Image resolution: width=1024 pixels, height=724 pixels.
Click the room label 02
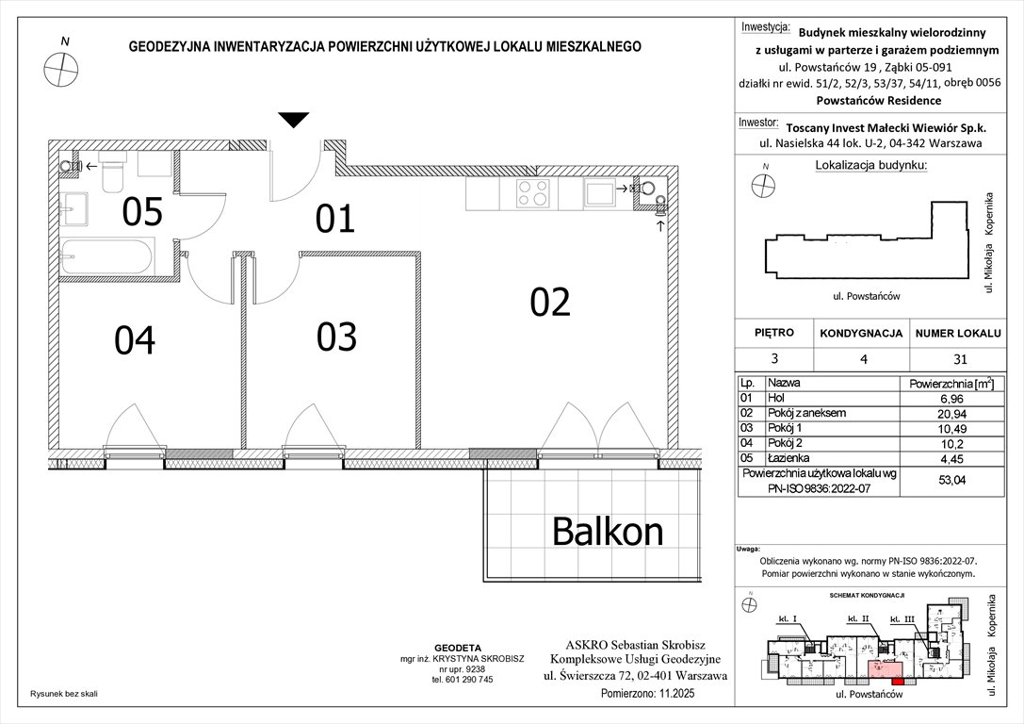550,302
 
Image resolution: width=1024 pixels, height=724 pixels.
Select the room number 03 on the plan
336,337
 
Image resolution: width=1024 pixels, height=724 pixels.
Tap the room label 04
135,339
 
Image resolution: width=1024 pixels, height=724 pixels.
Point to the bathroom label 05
142,213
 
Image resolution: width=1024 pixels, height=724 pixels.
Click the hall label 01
334,219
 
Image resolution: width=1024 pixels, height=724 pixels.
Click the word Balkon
607,533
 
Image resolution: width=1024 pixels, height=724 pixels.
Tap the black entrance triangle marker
294,120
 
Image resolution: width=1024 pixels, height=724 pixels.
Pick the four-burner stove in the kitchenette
533,193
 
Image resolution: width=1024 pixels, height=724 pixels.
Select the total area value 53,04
959,480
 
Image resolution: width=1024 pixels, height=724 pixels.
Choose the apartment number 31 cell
959,358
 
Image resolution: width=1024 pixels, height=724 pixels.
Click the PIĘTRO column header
774,333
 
